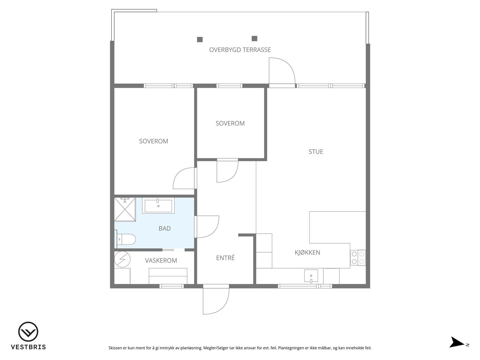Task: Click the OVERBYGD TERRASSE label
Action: point(240,50)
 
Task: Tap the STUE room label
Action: point(316,152)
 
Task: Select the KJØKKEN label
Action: point(307,253)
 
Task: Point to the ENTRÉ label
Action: point(225,258)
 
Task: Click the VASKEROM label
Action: point(161,260)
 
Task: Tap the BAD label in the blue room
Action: point(165,228)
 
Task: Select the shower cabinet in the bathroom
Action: point(125,209)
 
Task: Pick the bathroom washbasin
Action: point(158,205)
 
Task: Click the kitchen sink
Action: point(311,276)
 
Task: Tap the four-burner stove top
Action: point(358,257)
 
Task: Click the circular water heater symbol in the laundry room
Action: point(122,259)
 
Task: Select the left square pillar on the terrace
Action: point(200,39)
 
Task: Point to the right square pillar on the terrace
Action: point(254,38)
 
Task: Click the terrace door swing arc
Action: point(288,65)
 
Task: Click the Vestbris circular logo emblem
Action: point(28,331)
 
